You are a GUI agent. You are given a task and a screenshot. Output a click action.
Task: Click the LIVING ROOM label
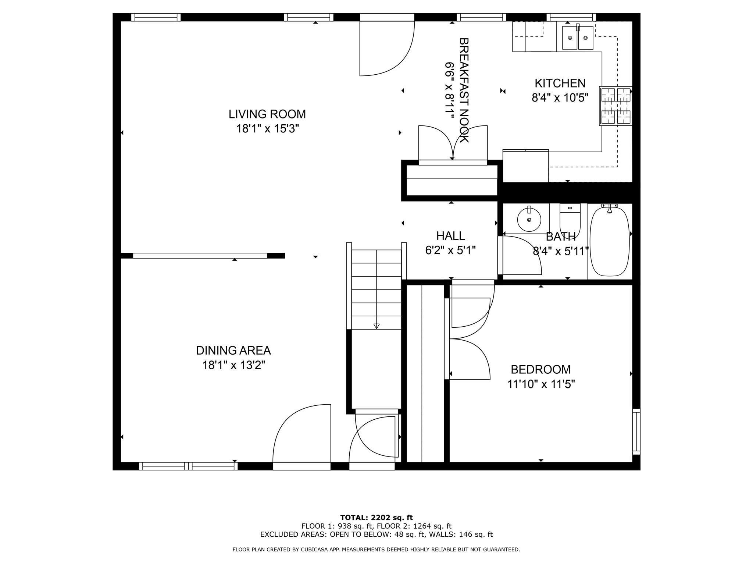click(267, 114)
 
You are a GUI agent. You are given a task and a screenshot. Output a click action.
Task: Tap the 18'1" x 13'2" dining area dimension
click(233, 365)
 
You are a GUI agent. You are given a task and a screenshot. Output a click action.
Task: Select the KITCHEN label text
click(560, 83)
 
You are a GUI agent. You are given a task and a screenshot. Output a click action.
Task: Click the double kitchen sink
click(578, 38)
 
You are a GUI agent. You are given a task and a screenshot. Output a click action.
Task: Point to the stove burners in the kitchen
click(616, 106)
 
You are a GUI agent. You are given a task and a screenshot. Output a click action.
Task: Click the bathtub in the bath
click(610, 242)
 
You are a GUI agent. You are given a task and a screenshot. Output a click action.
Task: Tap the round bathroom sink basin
click(529, 220)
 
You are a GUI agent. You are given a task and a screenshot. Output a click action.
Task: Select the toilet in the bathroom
click(570, 220)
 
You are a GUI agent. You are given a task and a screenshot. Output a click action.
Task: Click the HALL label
click(450, 235)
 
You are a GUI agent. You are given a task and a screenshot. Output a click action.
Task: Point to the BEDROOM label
click(540, 369)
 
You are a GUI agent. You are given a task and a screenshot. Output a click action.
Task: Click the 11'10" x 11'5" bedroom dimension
click(541, 384)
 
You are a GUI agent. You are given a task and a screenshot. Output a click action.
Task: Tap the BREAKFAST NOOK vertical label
click(464, 90)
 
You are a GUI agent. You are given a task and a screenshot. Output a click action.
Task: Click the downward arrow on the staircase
click(376, 326)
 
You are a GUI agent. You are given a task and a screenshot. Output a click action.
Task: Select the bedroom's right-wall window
click(636, 431)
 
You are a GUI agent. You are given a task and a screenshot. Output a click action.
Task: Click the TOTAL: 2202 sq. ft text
click(376, 518)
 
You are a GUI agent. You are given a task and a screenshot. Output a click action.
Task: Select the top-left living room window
click(156, 17)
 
